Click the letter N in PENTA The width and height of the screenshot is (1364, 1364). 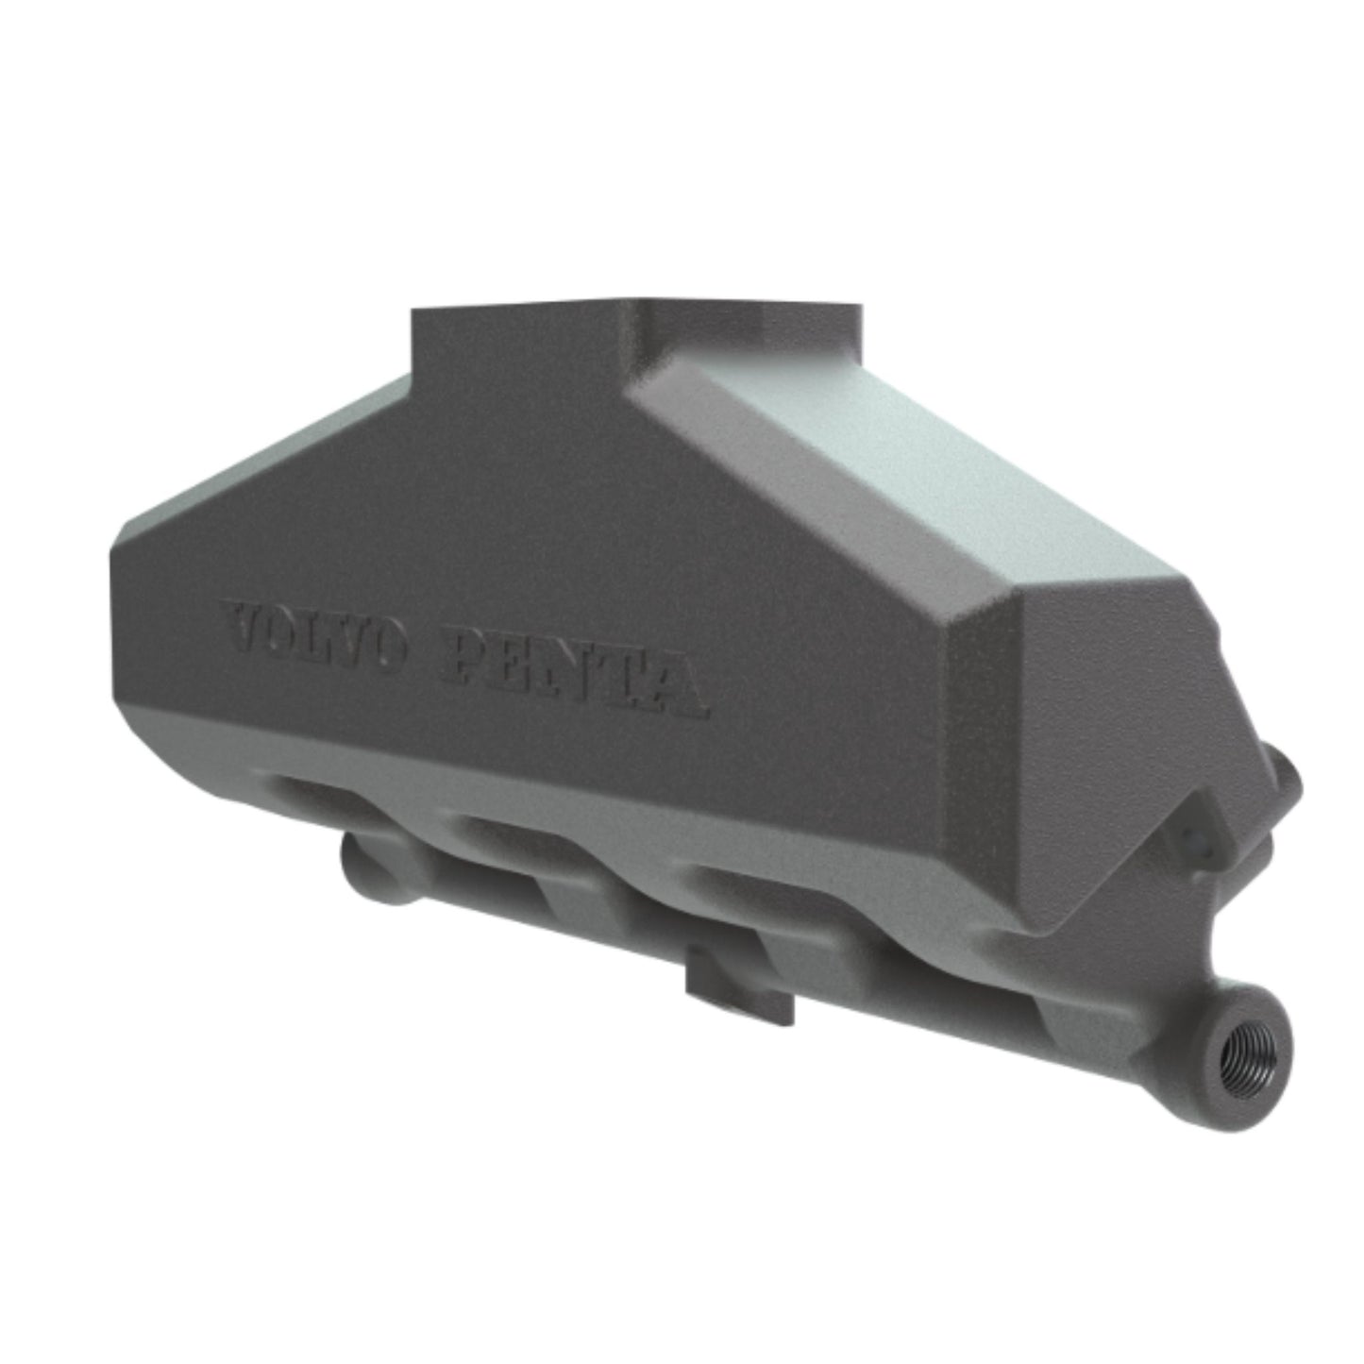(577, 672)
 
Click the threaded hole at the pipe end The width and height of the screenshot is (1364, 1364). (1247, 1061)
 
